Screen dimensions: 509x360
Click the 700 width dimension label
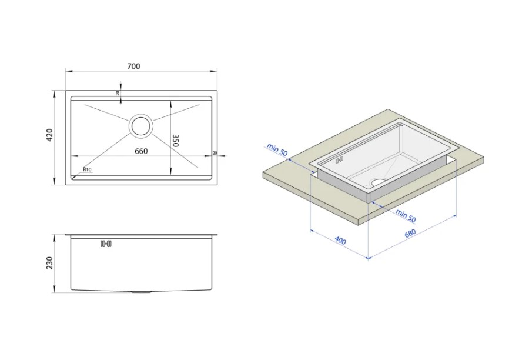point(133,66)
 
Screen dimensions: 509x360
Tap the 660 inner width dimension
point(141,151)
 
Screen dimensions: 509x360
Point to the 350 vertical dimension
point(175,141)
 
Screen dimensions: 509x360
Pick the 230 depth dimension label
point(49,263)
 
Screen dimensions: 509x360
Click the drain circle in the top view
point(141,125)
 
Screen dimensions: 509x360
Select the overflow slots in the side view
point(106,244)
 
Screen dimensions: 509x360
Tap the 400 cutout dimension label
point(340,241)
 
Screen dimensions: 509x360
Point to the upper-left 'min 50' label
point(277,149)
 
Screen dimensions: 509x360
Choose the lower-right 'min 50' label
point(406,216)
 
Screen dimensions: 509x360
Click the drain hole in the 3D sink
point(379,182)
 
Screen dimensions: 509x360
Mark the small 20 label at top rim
point(118,94)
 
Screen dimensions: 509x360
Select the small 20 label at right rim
point(215,153)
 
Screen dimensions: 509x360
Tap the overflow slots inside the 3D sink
point(339,160)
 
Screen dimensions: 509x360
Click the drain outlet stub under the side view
point(141,292)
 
